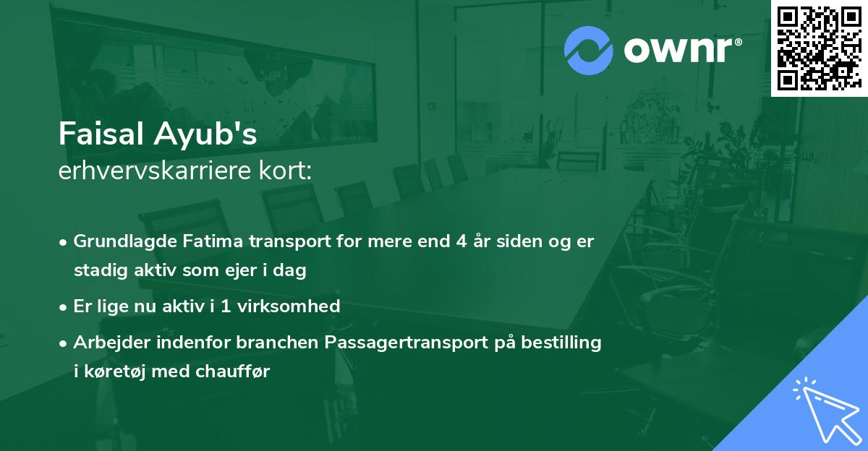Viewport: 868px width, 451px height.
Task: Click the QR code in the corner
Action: [x=819, y=48]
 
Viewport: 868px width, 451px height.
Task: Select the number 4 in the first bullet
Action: [x=461, y=241]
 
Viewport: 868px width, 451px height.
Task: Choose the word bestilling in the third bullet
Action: [x=563, y=342]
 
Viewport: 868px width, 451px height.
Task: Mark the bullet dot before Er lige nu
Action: [x=64, y=306]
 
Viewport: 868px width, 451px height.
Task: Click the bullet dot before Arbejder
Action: [x=64, y=343]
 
